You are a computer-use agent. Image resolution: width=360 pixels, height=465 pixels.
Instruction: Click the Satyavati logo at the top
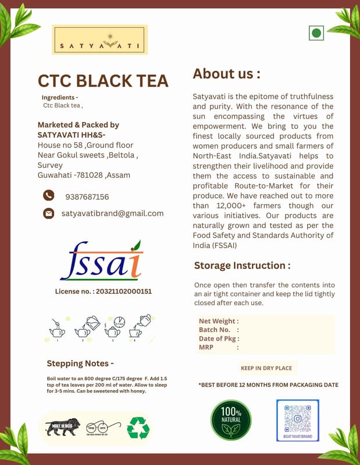coord(99,40)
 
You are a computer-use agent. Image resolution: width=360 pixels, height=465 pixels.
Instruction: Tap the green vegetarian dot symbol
coord(316,33)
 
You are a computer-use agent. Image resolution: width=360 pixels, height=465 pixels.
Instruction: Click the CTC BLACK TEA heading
coord(103,81)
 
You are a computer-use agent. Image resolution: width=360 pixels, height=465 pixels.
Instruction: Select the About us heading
coord(226,74)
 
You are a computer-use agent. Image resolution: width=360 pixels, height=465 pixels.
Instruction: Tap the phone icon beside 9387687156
coord(49,196)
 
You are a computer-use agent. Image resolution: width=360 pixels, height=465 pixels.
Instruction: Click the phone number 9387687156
coord(87,197)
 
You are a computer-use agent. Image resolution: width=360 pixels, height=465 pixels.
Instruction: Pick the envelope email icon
coord(49,213)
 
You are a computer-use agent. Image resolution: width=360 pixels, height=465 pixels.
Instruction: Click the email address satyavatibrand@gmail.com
coord(112,213)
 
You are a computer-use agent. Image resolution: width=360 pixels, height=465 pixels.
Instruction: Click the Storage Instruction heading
coord(242,266)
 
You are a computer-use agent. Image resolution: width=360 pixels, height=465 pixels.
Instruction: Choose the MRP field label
coord(208,347)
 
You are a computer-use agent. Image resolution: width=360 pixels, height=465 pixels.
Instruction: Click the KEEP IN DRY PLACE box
coord(266,368)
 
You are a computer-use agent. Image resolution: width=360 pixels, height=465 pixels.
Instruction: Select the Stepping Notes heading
coord(80,364)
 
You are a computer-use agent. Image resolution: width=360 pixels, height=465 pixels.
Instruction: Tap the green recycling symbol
coord(138,428)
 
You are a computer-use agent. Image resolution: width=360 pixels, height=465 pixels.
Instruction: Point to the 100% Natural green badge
coord(231,420)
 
